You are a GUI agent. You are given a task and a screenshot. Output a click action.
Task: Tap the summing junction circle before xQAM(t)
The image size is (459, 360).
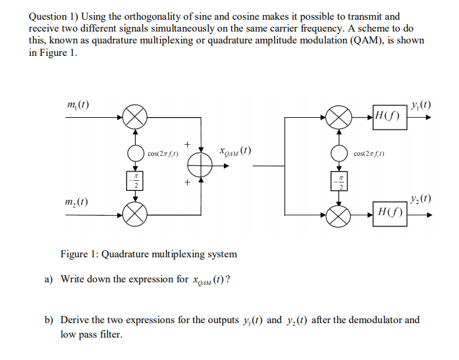coord(201,165)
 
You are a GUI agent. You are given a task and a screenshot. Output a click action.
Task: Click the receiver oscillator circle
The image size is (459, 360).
coord(340,153)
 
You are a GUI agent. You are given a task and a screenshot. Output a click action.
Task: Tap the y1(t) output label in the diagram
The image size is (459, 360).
coord(420,104)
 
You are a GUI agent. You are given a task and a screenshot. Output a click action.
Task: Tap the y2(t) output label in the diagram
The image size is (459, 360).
coord(420,199)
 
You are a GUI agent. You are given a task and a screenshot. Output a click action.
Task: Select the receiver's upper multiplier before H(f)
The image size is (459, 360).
coord(340,118)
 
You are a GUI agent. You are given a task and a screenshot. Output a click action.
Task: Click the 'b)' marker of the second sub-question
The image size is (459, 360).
coord(49,321)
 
